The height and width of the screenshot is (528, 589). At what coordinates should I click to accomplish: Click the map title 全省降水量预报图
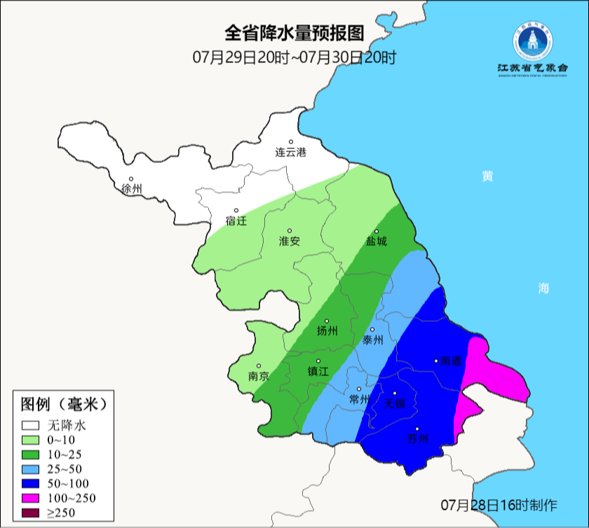coord(294,34)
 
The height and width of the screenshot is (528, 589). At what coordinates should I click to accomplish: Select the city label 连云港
coord(290,152)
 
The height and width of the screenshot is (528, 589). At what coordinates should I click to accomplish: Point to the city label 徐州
coord(131,189)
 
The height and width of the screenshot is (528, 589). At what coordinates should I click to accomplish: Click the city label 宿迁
coord(236,221)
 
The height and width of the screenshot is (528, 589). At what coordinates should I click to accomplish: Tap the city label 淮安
coord(290,241)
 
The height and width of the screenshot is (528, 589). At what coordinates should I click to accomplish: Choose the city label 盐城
coord(376,242)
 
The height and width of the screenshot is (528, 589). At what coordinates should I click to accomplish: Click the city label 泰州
coord(372,340)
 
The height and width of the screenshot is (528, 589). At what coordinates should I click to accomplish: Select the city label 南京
coord(259,376)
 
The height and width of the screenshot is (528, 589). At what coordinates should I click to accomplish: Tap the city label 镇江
coord(318,372)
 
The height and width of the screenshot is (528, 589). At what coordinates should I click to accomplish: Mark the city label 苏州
coord(418,440)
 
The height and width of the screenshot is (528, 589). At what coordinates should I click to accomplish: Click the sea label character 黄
coord(487,176)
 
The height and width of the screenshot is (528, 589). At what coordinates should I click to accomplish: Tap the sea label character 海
coord(543,288)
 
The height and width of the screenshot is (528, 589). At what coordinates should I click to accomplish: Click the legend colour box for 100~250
coord(30,498)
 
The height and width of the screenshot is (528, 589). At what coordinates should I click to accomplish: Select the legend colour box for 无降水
coord(30,425)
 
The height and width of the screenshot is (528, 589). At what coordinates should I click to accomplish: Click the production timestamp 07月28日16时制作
coord(499,505)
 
